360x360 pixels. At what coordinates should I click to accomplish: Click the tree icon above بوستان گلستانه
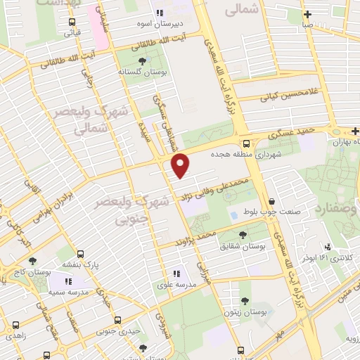point(143,60)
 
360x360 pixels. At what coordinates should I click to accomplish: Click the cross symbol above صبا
point(307,15)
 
